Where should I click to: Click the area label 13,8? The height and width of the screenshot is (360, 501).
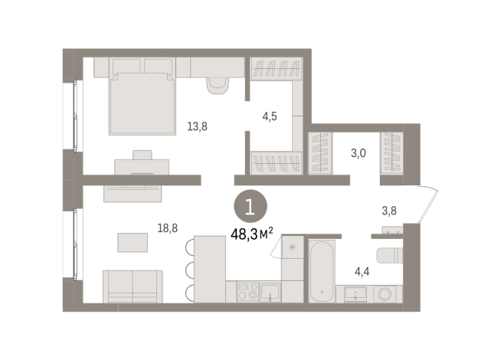(x=198, y=126)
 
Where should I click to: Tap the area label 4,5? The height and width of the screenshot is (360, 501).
(x=270, y=117)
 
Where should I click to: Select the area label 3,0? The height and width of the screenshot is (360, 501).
(x=359, y=152)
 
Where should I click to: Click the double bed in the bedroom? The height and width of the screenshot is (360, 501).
(x=142, y=103)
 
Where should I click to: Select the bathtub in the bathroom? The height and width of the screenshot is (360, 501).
(x=322, y=271)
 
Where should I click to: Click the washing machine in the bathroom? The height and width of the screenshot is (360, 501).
(x=388, y=293)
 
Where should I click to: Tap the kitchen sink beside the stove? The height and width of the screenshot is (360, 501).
(x=270, y=292)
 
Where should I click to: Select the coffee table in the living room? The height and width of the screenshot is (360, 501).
(x=133, y=242)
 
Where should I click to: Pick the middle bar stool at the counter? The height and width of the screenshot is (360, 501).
(x=188, y=269)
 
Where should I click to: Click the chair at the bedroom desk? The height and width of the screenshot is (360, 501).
(x=142, y=155)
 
